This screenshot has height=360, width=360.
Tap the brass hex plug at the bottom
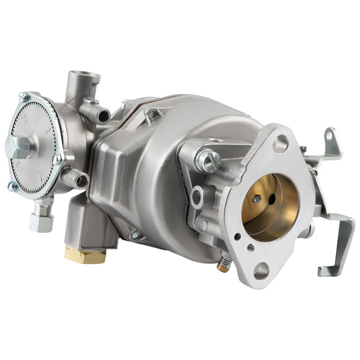[x=85, y=256]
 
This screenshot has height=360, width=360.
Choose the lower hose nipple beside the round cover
[x=74, y=178]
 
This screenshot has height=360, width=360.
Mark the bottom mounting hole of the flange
[x=262, y=271]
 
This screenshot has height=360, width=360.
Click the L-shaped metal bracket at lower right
[x=336, y=246]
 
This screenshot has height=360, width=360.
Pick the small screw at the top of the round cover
[x=24, y=97]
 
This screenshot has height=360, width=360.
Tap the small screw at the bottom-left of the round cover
[x=13, y=187]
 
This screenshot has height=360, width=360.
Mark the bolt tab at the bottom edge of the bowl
[x=136, y=235]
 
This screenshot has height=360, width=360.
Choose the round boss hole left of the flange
[x=196, y=199]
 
